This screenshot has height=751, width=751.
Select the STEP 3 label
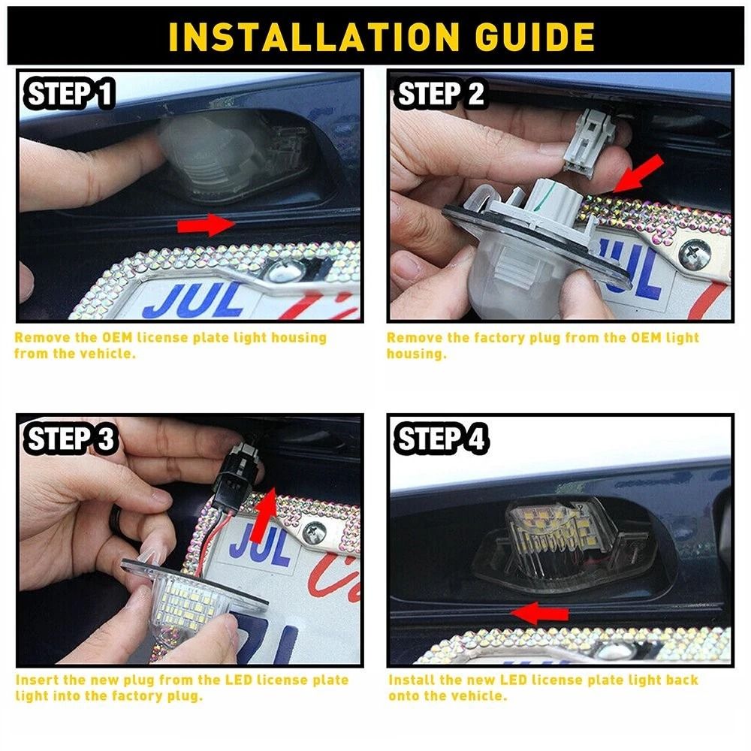point(71,439)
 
